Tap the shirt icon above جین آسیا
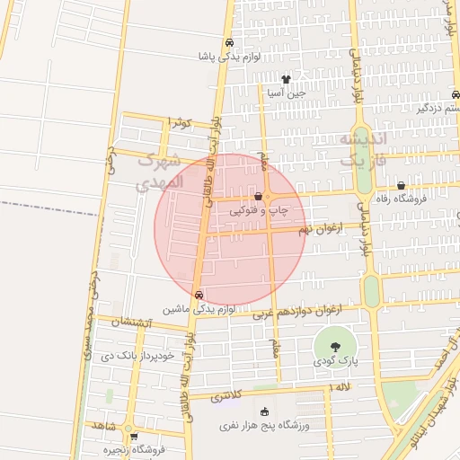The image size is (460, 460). point(287,79)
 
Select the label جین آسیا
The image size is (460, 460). point(287,93)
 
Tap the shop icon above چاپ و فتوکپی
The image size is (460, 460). point(259,196)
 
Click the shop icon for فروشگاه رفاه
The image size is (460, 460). point(401,186)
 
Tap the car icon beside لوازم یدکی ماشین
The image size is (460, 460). point(199,294)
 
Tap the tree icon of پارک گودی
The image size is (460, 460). point(334,345)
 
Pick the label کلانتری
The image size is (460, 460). point(226,396)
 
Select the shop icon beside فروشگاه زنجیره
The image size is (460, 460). point(133,437)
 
